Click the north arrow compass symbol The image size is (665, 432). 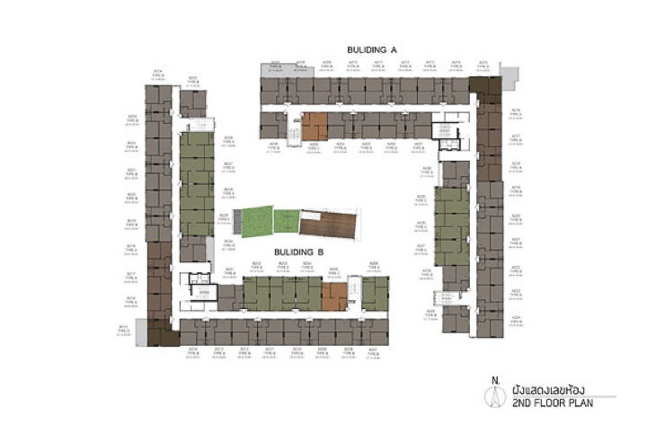click(x=492, y=396)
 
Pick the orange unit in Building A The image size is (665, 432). click(x=315, y=126)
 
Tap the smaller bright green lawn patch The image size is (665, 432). click(x=287, y=220)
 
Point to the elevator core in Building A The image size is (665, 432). click(x=447, y=132)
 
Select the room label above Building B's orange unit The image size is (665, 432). click(x=334, y=269)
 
